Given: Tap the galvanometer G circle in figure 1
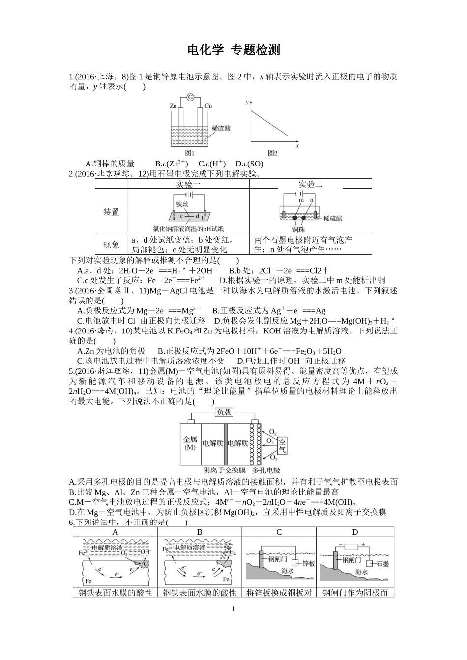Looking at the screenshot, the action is point(189,98).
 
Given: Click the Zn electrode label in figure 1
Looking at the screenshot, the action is point(173,106).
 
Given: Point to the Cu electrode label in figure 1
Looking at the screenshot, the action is point(208,106).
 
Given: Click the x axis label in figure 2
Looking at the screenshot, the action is point(297,146).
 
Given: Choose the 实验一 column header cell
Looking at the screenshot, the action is point(188,184).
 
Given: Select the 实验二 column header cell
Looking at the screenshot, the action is point(311,184).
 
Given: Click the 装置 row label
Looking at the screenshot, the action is point(111,212).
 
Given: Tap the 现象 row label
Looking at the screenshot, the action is point(111,245).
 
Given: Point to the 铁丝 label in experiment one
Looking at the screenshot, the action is point(182,204).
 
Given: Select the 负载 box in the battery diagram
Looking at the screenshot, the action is point(224,412).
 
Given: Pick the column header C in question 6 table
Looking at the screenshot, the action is point(279,532).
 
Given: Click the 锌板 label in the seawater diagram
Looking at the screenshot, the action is point(308,563).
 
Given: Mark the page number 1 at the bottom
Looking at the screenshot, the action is point(233,609).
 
